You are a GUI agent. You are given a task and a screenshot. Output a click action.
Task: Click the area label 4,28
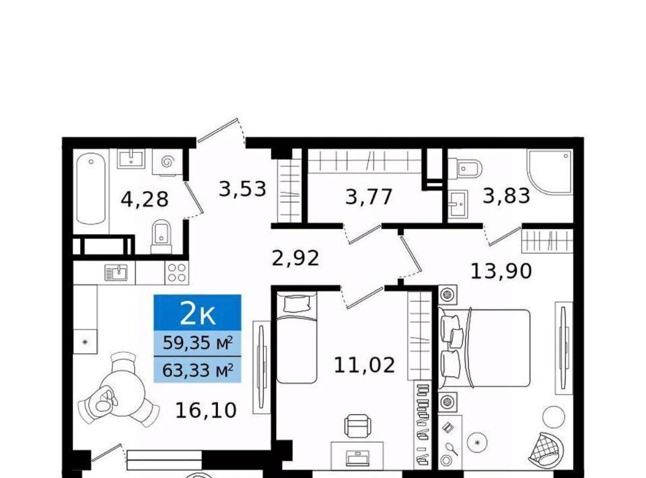click(x=145, y=199)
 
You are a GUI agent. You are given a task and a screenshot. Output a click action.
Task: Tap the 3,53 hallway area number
click(x=242, y=189)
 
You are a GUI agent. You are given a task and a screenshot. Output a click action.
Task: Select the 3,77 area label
click(x=369, y=197)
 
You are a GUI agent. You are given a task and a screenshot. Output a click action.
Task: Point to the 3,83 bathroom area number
click(x=506, y=195)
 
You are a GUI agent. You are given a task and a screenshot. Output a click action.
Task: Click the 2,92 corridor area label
click(x=296, y=259)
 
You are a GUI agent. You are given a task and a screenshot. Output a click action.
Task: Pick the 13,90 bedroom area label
click(x=501, y=271)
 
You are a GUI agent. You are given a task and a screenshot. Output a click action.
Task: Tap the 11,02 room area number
click(x=364, y=365)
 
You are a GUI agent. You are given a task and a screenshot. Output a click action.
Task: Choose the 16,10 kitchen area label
click(x=206, y=410)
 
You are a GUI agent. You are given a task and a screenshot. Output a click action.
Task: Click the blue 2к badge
click(x=197, y=313)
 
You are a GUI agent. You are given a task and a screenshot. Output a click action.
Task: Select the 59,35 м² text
click(x=198, y=343)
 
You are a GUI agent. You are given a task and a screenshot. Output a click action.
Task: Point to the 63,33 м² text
click(x=198, y=370)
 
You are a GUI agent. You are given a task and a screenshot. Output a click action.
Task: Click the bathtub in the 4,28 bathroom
click(x=91, y=189)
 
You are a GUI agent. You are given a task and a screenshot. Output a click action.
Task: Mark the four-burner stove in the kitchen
click(x=177, y=273)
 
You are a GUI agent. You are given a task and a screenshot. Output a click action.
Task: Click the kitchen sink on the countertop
click(x=116, y=273)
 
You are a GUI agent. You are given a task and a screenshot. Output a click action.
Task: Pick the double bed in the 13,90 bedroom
click(x=485, y=348)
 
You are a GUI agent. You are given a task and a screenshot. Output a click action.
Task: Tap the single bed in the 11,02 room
click(x=297, y=337)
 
